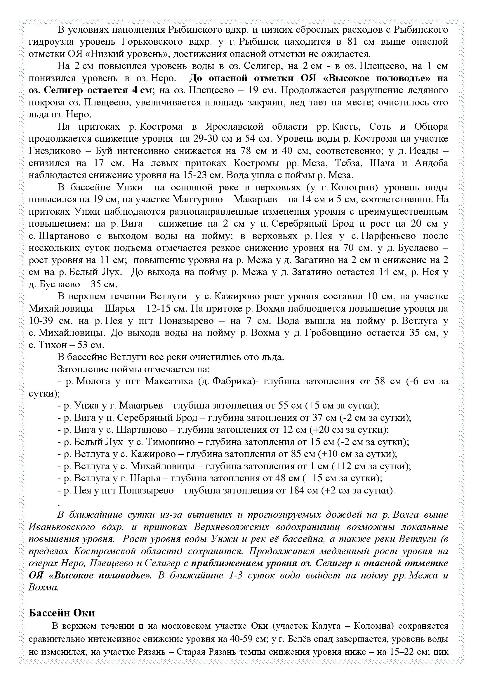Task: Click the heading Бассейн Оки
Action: pyautogui.click(x=62, y=613)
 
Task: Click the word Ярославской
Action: pyautogui.click(x=234, y=127)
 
